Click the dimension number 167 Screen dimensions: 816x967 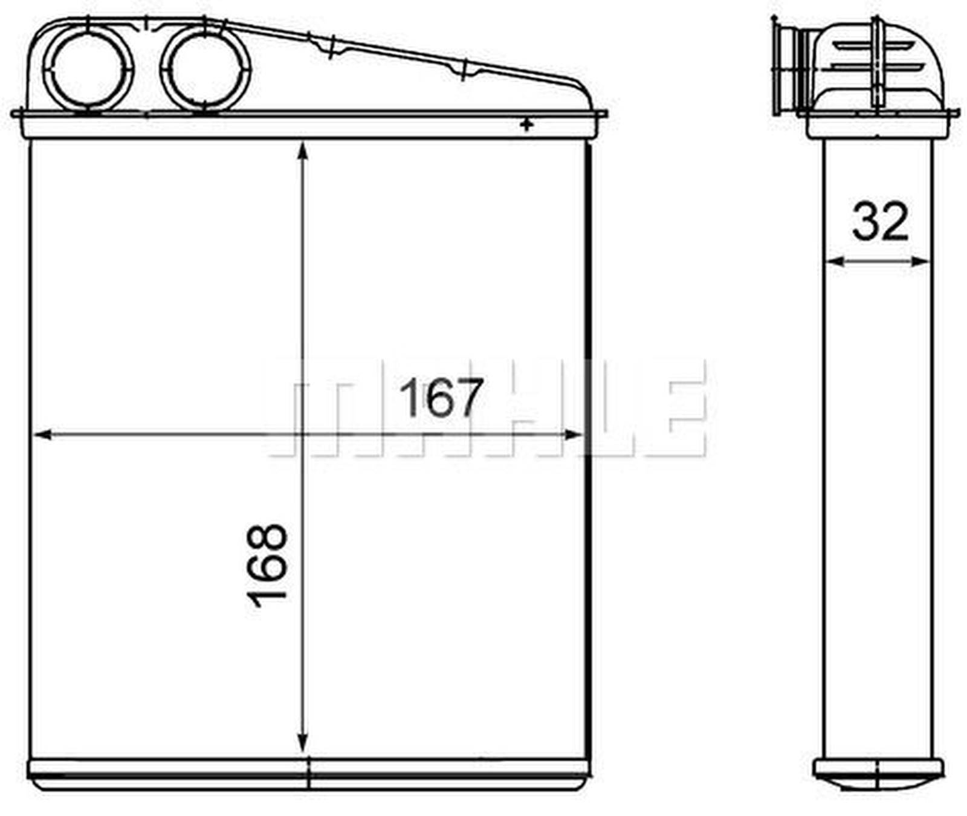pos(441,397)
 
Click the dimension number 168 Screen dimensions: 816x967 pos(267,565)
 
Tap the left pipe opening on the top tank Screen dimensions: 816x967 pos(88,68)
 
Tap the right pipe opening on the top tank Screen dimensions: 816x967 pos(205,68)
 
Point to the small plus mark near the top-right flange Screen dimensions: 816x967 pos(527,125)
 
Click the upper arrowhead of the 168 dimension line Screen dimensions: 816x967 pos(303,151)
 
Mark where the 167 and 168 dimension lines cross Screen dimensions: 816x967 pos(303,434)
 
